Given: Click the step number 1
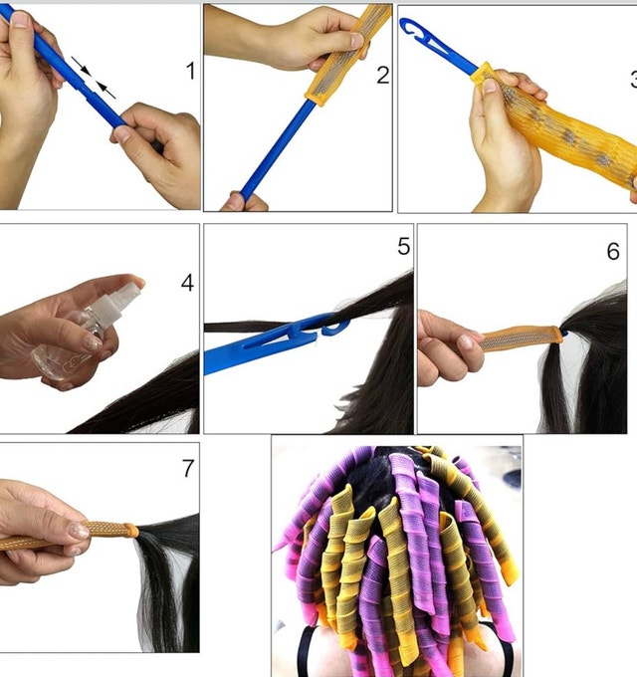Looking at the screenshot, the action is click(190, 71).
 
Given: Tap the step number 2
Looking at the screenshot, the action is click(383, 75).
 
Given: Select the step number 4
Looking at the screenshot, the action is click(187, 283).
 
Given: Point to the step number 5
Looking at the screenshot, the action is click(403, 246).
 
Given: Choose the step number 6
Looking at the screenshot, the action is click(613, 251).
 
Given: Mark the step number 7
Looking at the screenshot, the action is click(188, 468).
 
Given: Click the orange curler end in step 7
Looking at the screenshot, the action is click(131, 530).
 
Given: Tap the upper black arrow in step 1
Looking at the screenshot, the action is click(81, 66).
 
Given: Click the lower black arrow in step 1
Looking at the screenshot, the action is click(106, 91).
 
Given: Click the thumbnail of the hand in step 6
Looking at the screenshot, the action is click(466, 341).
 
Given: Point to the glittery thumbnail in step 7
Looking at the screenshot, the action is click(79, 531).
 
